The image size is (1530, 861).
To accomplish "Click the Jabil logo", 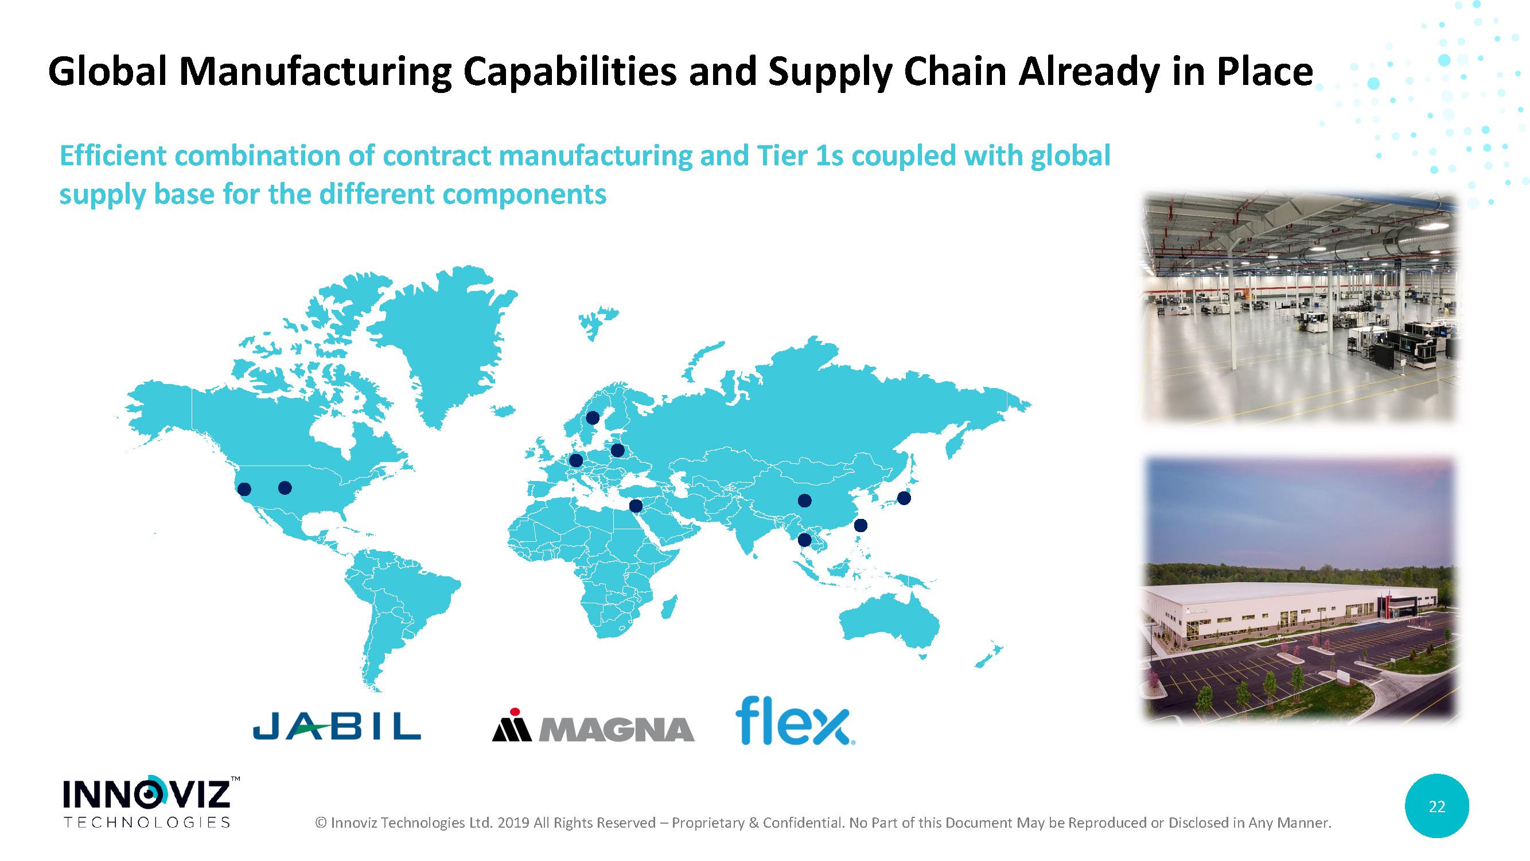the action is [x=337, y=726].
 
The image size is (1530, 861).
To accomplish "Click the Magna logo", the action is [x=593, y=726].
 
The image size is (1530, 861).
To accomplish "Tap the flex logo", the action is [x=795, y=721].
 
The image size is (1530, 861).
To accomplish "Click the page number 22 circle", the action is [x=1436, y=806].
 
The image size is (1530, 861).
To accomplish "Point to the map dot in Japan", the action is [x=904, y=498].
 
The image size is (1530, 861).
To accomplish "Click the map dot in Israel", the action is [x=636, y=506].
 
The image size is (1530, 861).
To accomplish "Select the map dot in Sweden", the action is [x=592, y=418].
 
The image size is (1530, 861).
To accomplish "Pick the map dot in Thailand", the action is [x=804, y=540].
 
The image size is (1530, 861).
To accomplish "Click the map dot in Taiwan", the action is [x=860, y=525].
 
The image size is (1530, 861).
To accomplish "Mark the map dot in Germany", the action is [x=575, y=460].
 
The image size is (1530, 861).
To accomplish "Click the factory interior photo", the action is [x=1298, y=308].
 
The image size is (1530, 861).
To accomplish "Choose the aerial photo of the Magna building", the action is [x=1299, y=588].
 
